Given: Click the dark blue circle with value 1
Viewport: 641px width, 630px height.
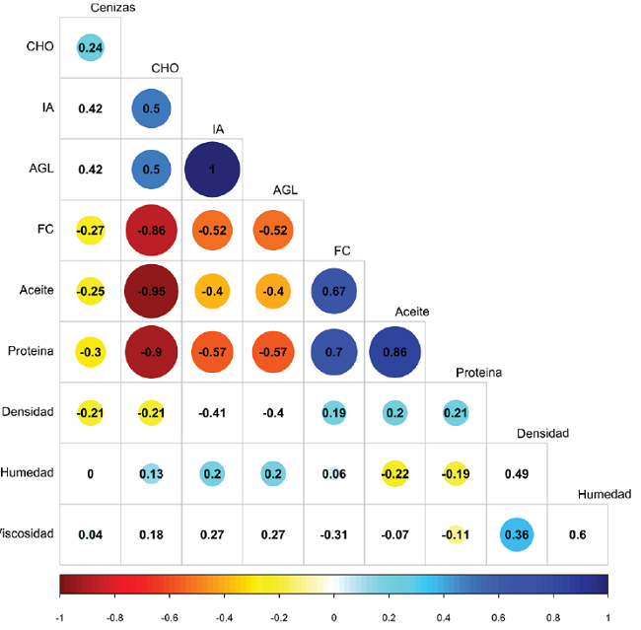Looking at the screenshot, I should click(x=212, y=169).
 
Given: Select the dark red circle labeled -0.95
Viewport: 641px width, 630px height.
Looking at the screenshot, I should click(x=151, y=291).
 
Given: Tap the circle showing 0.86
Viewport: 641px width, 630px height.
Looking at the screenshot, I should click(x=394, y=352).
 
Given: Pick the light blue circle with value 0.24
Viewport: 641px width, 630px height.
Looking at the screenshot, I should click(x=91, y=46).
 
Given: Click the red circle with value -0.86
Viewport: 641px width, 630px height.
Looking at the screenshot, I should click(x=151, y=230).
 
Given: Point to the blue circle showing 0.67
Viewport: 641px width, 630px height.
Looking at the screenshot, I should click(x=333, y=291).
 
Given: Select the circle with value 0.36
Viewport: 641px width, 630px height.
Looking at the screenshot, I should click(x=517, y=535).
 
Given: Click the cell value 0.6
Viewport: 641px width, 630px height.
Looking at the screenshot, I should click(x=578, y=535).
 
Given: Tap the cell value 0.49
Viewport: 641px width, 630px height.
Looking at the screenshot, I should click(x=517, y=474).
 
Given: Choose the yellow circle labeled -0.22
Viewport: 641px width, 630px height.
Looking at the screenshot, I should click(x=394, y=474).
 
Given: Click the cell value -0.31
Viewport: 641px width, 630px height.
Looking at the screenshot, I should click(x=333, y=535).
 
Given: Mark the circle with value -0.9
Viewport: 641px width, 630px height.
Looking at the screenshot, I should click(x=151, y=352).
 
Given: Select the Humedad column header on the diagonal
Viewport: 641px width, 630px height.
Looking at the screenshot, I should click(x=604, y=494).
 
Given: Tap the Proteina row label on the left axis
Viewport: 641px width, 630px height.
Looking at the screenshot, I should click(x=34, y=352).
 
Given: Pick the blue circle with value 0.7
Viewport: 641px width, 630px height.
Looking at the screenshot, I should click(x=333, y=352).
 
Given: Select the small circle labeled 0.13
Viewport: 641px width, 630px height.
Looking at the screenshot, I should click(x=151, y=474).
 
